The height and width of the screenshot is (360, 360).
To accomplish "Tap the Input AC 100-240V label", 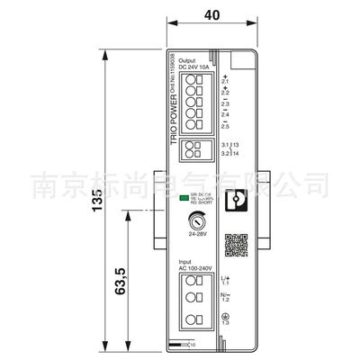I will pos(194,266).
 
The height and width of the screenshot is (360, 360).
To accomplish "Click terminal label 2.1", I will pos(226,78).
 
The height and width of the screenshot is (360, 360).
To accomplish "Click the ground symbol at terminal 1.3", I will pos(226,317).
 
